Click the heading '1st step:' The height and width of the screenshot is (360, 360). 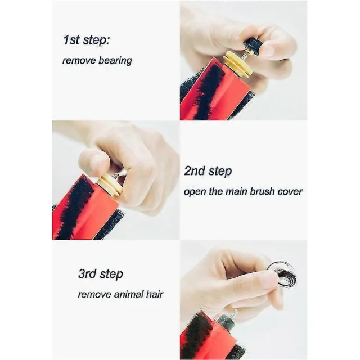(x=86, y=40)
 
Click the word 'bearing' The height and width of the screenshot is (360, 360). (x=115, y=61)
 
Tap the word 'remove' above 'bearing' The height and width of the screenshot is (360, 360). (x=79, y=61)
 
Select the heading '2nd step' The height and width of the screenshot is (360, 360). (x=208, y=171)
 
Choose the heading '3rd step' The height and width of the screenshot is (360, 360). (x=101, y=274)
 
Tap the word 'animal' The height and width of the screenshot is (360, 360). (x=129, y=294)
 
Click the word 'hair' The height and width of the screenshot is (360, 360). (x=155, y=294)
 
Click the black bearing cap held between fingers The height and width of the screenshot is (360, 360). (x=252, y=46)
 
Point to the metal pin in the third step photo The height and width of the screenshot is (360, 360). (x=234, y=313)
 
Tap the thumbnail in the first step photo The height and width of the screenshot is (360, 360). (x=268, y=49)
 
